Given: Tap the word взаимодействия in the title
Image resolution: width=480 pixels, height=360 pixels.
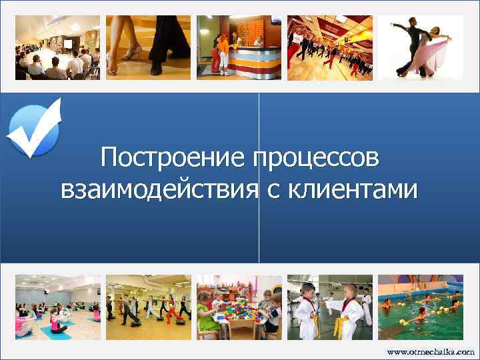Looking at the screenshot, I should (x=159, y=189).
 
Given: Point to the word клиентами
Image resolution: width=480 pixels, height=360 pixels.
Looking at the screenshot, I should (x=354, y=189).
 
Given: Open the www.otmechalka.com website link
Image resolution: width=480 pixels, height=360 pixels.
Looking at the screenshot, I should (x=431, y=351).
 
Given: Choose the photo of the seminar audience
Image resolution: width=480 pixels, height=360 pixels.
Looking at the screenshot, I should (x=57, y=47).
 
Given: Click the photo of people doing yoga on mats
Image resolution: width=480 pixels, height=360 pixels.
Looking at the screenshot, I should (x=57, y=307).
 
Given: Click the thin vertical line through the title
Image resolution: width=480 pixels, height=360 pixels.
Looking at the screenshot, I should (x=259, y=227).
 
